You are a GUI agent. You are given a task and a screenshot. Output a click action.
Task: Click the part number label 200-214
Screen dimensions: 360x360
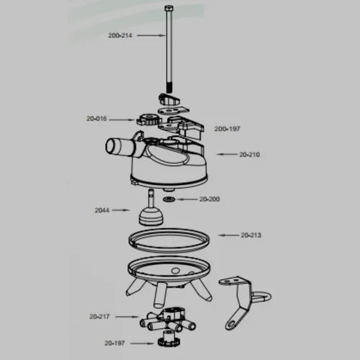coord(120,35)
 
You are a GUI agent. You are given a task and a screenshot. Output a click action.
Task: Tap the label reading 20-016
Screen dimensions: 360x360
coord(96,119)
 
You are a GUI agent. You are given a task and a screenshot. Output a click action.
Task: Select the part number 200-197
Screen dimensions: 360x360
coord(227,129)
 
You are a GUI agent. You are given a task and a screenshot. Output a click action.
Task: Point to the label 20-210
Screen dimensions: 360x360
coord(249,154)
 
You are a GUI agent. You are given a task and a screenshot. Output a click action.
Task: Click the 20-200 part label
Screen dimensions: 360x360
coord(210,199)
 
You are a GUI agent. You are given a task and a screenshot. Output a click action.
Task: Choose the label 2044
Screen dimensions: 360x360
coord(102,210)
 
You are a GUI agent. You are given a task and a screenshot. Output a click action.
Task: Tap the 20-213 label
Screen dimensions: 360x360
coord(251,235)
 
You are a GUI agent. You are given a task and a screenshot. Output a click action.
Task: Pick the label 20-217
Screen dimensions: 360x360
coord(99,317)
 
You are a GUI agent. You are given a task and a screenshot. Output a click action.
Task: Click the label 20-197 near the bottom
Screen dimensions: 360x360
coord(114,343)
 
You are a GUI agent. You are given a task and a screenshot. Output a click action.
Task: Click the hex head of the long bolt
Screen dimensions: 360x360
coord(169,9)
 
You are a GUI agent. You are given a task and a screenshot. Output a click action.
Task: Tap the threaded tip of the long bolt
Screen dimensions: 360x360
coord(169,88)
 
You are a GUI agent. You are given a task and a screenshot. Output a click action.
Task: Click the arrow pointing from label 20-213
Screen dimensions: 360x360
coord(228,235)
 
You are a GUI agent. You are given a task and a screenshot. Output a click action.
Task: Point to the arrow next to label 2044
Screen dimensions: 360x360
coord(121,210)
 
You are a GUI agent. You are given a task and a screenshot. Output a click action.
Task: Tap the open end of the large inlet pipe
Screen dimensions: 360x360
coord(110,147)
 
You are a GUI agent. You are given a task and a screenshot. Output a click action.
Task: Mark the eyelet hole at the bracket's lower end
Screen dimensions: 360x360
coord(231,325)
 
